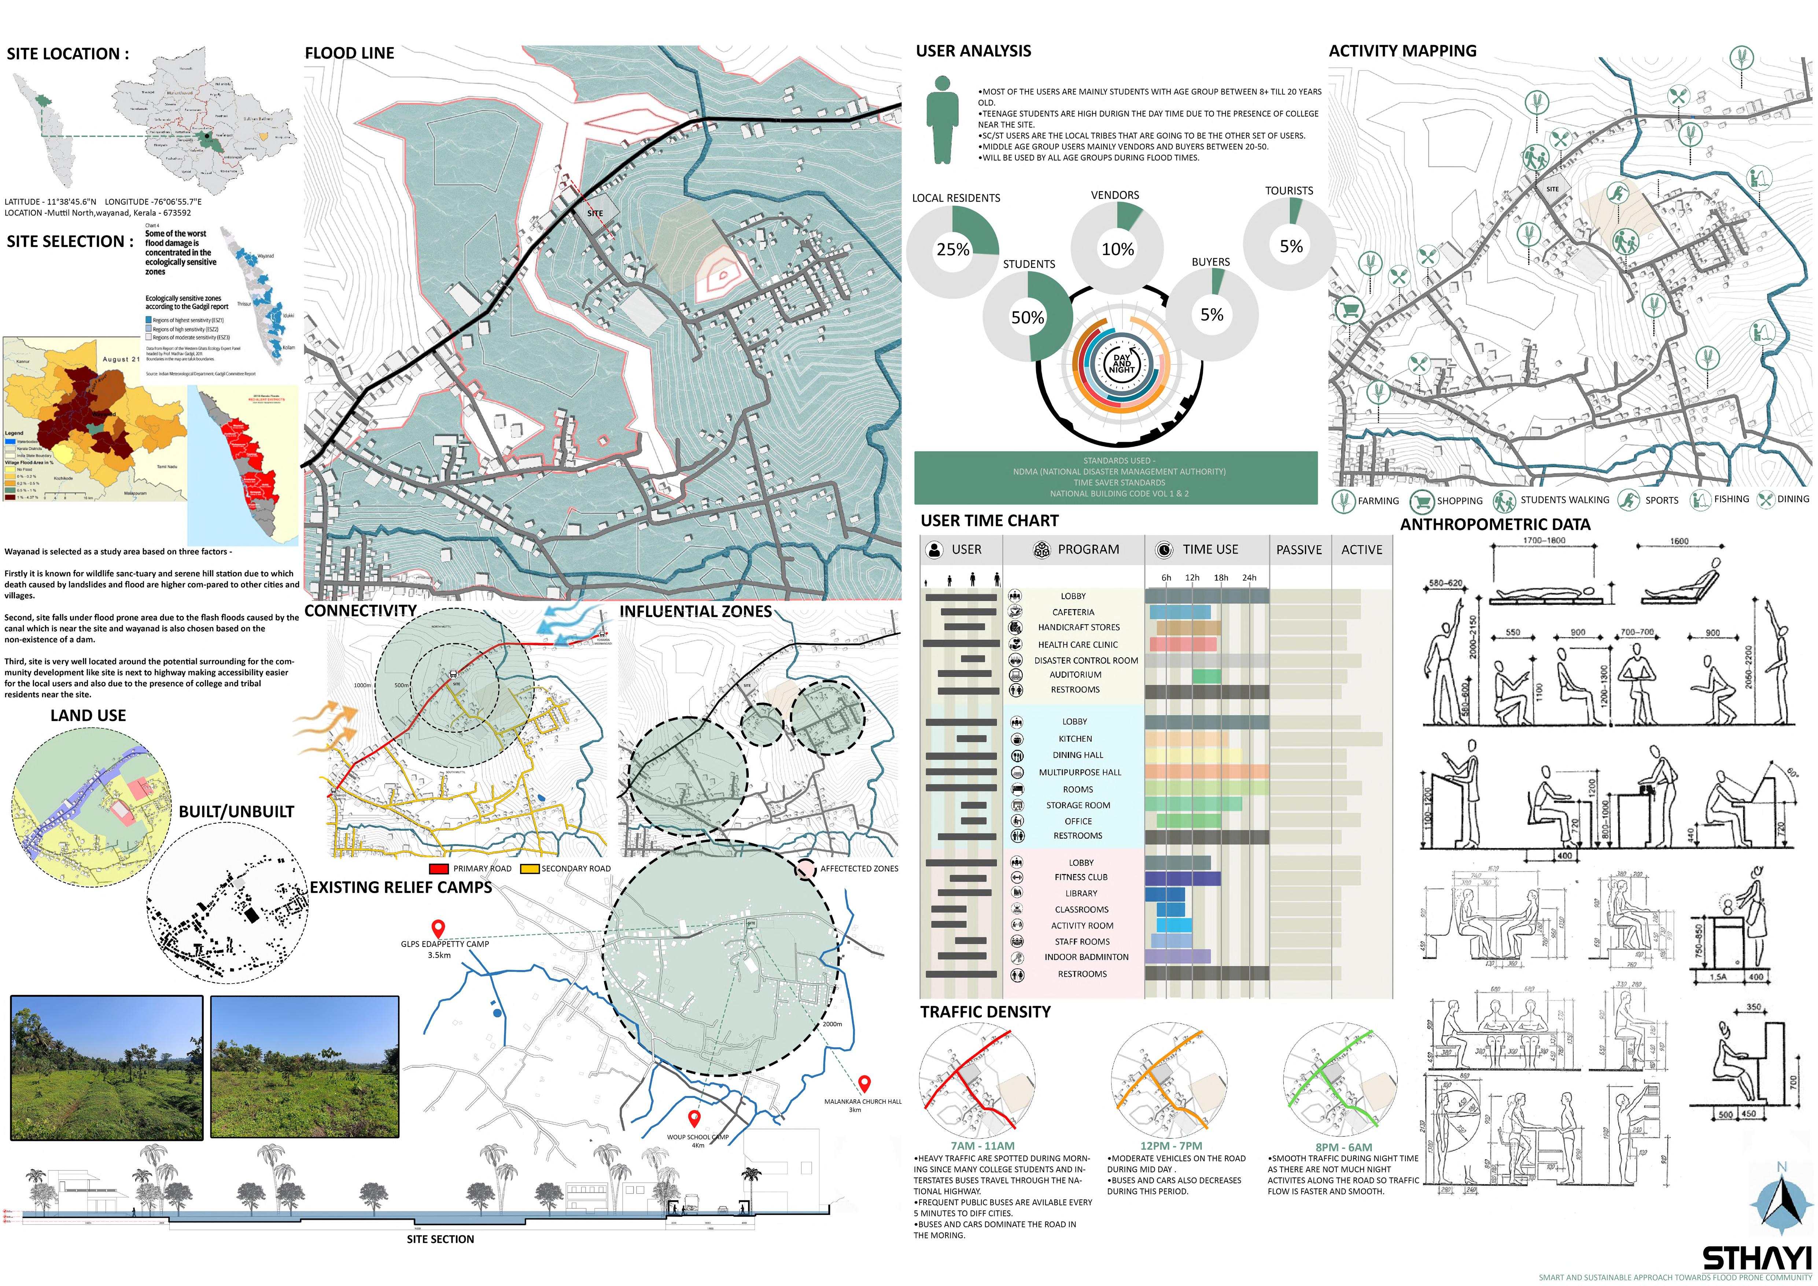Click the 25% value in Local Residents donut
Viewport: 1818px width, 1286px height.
[x=952, y=249]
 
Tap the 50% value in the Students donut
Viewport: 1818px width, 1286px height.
[x=1027, y=317]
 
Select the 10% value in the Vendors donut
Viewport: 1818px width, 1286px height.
[x=1117, y=249]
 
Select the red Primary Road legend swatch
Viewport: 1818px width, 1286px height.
[x=439, y=869]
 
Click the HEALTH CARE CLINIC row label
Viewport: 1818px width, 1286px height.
[x=1078, y=644]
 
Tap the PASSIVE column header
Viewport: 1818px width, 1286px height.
[x=1299, y=550]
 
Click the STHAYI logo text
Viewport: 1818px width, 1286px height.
[x=1756, y=1259]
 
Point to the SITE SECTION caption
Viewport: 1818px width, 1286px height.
[x=440, y=1239]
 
